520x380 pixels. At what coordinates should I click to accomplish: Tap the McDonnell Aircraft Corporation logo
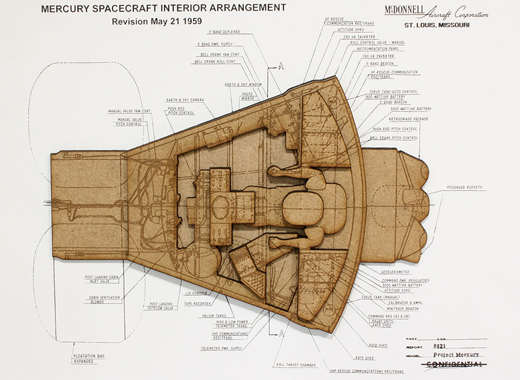(436, 11)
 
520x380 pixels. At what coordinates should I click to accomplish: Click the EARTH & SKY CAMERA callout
(185, 99)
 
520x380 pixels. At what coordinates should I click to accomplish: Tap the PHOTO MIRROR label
(248, 97)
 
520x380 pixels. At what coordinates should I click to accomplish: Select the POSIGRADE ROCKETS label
(464, 187)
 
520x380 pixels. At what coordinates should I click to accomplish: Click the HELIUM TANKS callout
(214, 315)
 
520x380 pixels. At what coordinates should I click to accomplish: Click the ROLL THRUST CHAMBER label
(296, 365)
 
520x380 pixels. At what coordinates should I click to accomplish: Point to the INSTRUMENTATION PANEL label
(377, 48)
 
